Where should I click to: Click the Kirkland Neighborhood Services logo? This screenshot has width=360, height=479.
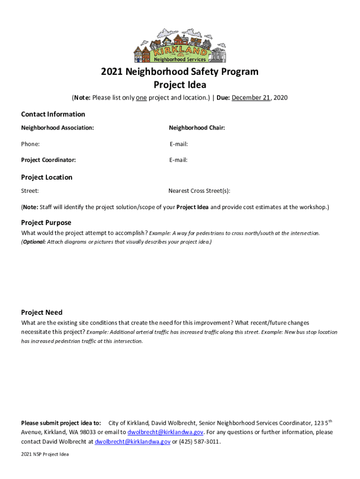click(x=180, y=45)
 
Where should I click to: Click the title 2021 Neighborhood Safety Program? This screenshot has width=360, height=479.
click(x=180, y=72)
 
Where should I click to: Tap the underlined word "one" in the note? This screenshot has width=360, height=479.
click(x=141, y=98)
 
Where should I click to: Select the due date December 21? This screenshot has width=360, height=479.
click(x=251, y=98)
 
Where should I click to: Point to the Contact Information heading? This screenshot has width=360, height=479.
click(x=53, y=114)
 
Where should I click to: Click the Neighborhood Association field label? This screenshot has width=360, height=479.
click(x=57, y=128)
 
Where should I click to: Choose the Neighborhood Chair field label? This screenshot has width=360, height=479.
click(x=197, y=128)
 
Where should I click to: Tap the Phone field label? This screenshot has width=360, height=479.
click(x=30, y=144)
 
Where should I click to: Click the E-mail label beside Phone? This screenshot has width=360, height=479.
click(x=179, y=144)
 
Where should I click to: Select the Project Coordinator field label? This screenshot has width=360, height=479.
click(x=48, y=160)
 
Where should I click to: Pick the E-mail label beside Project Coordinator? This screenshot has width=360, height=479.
click(x=179, y=160)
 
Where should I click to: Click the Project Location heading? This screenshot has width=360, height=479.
click(x=47, y=177)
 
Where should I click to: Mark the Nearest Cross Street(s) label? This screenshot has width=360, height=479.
click(x=199, y=191)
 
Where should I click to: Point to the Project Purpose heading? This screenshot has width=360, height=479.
click(x=46, y=223)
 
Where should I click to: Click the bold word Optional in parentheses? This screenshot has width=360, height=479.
click(x=34, y=242)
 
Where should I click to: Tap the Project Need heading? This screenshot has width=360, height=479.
click(x=42, y=312)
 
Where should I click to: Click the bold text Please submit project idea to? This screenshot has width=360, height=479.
click(x=61, y=423)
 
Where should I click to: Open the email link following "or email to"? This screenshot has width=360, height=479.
click(x=166, y=432)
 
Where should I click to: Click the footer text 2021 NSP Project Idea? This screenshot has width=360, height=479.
click(x=45, y=454)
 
